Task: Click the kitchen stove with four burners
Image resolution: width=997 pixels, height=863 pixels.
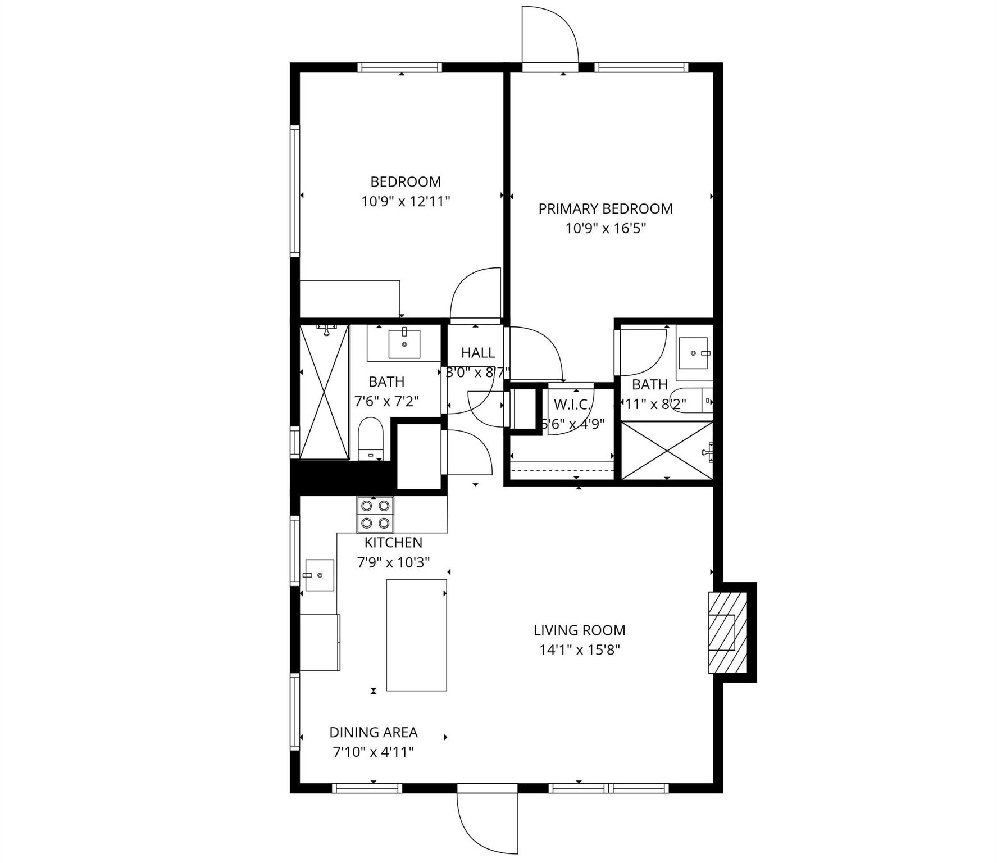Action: click(375, 514)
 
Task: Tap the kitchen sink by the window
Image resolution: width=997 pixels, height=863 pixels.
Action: click(319, 575)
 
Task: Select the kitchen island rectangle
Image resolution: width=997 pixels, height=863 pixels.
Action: click(416, 635)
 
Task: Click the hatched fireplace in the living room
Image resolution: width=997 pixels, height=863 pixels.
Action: click(729, 632)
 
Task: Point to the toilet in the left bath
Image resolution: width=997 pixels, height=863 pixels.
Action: click(370, 439)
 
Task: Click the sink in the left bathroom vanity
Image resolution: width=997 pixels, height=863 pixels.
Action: click(404, 344)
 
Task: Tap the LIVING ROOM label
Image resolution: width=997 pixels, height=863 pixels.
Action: click(579, 630)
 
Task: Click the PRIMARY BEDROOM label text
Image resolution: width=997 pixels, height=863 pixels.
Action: click(605, 208)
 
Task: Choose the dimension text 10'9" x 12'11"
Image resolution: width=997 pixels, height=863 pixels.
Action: click(406, 201)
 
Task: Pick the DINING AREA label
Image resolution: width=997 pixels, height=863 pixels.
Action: click(373, 732)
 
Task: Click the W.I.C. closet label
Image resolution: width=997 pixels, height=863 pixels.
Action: click(572, 404)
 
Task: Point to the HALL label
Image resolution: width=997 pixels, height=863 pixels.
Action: click(478, 353)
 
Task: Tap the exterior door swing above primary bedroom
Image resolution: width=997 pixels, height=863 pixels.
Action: click(549, 35)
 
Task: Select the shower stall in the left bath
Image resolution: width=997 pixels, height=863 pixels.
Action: click(324, 392)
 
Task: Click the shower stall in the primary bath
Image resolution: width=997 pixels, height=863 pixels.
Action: click(666, 451)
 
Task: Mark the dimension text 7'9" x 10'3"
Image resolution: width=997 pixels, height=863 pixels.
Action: click(393, 562)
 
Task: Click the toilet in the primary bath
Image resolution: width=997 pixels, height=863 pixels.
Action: click(694, 400)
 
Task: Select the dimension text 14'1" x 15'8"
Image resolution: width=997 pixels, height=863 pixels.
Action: click(579, 650)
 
